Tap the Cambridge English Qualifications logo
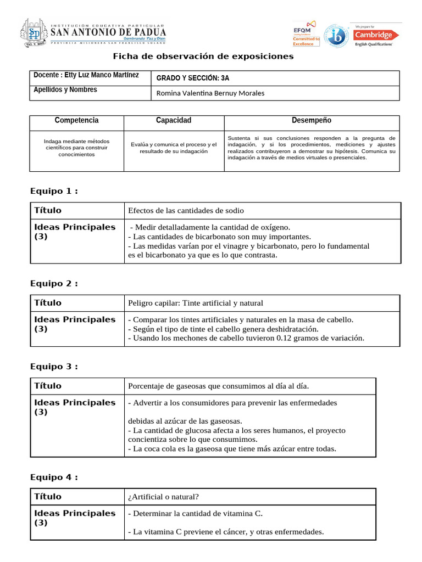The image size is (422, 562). (x=374, y=35)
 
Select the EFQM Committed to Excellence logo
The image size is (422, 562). (x=306, y=34)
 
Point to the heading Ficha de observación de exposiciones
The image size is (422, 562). (x=203, y=57)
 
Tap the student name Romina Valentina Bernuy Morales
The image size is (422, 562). (x=210, y=93)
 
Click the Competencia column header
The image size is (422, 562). (x=76, y=120)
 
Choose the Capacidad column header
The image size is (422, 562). (x=174, y=120)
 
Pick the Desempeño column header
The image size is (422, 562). (x=311, y=120)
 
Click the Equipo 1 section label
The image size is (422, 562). (x=53, y=191)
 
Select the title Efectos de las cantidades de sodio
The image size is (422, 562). (x=186, y=210)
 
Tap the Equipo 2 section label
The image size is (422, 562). (x=53, y=283)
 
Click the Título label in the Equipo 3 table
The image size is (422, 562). (x=48, y=386)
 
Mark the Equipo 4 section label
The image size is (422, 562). (x=53, y=477)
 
